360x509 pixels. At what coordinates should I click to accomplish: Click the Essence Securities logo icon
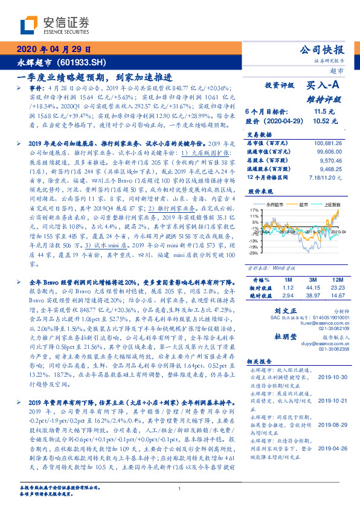[x=30, y=24]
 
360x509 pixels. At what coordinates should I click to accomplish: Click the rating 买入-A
[x=324, y=86]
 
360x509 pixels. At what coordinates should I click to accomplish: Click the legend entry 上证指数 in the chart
[x=331, y=206]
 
